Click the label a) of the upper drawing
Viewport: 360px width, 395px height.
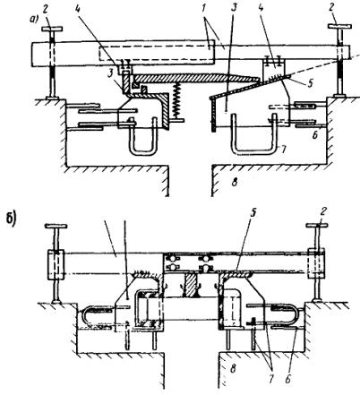[33, 20]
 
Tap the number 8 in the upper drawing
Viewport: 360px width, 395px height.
[235, 182]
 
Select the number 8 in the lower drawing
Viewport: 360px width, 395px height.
[233, 368]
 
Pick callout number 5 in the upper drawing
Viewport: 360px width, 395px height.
[311, 83]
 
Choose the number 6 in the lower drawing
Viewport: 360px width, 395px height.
[288, 380]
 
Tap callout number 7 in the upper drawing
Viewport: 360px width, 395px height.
[283, 150]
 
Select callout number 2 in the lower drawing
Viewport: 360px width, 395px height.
[323, 212]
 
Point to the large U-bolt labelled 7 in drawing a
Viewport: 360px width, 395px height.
[253, 151]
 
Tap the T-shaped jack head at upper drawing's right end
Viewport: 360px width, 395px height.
[340, 26]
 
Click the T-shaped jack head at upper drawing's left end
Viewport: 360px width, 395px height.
[52, 29]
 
